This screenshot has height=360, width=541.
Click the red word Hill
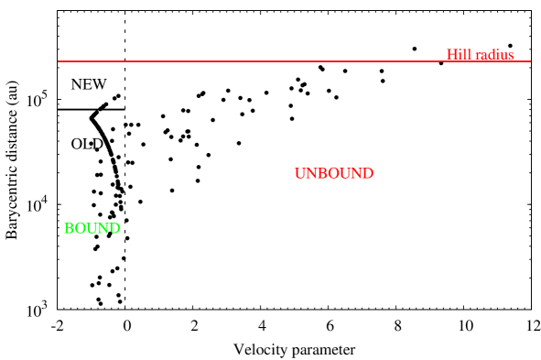tap(458, 55)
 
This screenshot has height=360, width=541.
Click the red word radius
tap(493, 55)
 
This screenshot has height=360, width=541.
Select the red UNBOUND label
tap(333, 173)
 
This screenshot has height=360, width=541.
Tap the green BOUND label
tap(92, 228)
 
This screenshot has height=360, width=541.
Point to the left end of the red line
tap(59, 61)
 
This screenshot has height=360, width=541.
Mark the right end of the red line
tap(530, 61)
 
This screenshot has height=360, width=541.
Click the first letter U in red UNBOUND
tap(300, 173)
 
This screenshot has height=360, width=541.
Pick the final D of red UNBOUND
tap(367, 173)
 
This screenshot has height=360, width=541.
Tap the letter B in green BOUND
tap(69, 228)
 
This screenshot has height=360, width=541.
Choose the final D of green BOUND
tap(114, 228)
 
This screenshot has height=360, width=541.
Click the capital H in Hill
tap(451, 55)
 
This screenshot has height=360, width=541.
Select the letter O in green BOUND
tap(80, 228)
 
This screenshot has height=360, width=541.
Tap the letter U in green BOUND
tap(92, 228)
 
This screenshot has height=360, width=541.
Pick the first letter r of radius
tap(477, 56)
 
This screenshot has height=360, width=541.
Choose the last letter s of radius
tap(511, 56)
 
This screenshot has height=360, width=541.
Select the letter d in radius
tap(491, 55)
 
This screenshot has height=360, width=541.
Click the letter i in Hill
tap(460, 55)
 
